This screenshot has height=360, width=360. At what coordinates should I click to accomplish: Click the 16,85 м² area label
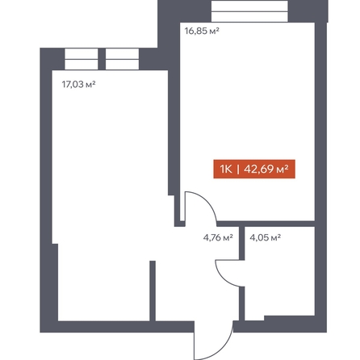[202, 31]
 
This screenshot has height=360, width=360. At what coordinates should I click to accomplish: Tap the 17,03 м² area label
[79, 85]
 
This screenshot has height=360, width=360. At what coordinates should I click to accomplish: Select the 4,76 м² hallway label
[218, 237]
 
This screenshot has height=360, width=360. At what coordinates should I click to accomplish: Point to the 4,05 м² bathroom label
[266, 237]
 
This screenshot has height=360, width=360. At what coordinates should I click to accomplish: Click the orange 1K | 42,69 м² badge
[254, 170]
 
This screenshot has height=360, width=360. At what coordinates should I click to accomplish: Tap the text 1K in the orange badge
[226, 170]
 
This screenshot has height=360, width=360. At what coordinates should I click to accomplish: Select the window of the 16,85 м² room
[249, 11]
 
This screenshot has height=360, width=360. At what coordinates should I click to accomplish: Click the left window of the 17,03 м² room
[82, 59]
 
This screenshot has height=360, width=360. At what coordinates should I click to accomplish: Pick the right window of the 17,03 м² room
[122, 59]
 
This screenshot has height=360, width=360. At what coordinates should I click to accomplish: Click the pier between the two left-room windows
[102, 59]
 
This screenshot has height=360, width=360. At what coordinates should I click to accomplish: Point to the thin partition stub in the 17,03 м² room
[153, 291]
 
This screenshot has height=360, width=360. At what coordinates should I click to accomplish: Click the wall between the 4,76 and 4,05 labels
[242, 243]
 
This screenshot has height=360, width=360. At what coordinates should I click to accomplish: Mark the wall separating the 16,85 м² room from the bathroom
[266, 224]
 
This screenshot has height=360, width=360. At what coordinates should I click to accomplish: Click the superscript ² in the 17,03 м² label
[94, 82]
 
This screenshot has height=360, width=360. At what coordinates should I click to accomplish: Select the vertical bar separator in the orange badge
[238, 170]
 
